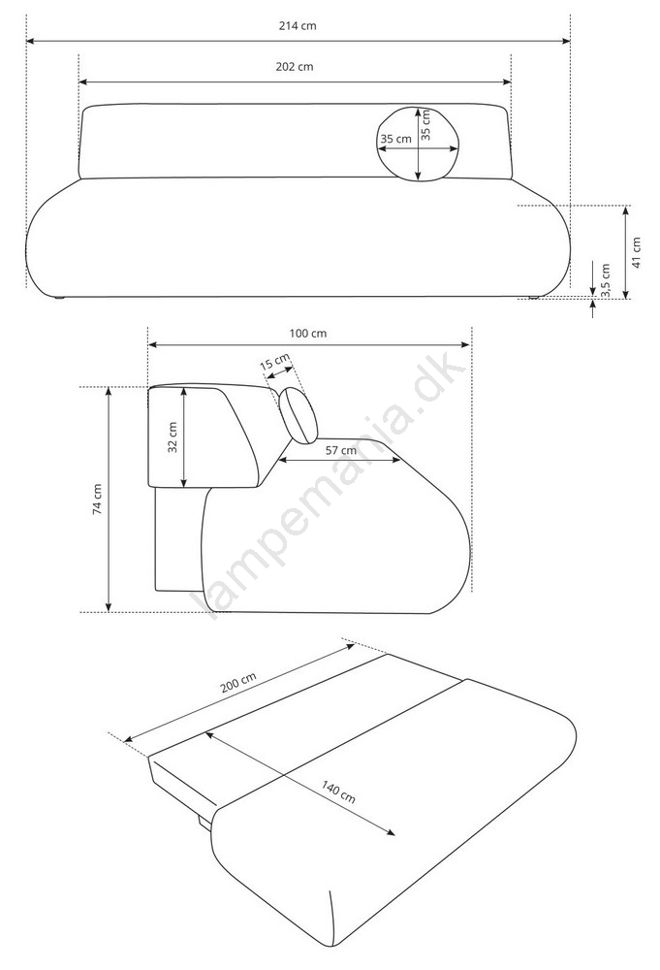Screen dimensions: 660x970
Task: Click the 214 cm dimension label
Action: [x=298, y=26]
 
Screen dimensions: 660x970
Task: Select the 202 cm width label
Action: [x=295, y=67]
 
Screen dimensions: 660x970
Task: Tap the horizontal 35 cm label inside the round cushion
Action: [x=395, y=139]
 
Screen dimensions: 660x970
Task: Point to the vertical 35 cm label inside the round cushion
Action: [x=425, y=125]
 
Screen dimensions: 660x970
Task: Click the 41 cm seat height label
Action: [x=637, y=252]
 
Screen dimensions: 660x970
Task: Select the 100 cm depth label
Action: [x=308, y=334]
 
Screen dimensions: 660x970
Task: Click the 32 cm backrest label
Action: [x=173, y=437]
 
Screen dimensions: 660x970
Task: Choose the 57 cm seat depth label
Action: [x=341, y=450]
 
